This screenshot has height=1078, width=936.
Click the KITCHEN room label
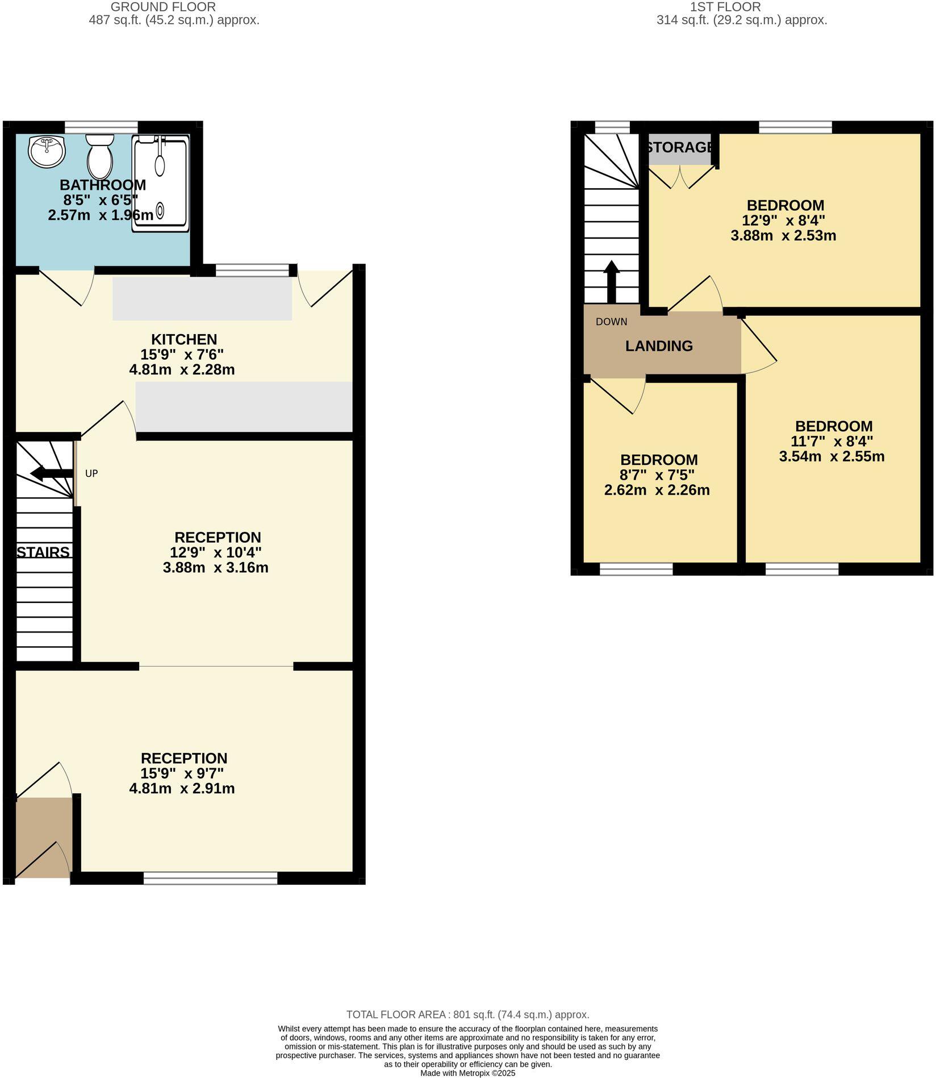(184, 339)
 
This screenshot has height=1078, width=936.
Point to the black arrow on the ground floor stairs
(51, 473)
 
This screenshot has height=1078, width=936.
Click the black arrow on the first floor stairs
(611, 281)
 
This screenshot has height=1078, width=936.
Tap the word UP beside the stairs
(91, 473)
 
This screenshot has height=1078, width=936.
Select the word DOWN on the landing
(611, 322)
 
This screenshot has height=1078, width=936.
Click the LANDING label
(659, 346)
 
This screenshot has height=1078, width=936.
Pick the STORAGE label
(680, 147)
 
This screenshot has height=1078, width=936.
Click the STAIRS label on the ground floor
(43, 552)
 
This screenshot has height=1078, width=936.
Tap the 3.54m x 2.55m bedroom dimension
(831, 456)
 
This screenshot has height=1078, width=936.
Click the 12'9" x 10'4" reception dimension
(215, 552)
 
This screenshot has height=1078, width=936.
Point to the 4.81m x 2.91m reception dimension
(182, 788)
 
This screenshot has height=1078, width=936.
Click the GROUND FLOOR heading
(163, 7)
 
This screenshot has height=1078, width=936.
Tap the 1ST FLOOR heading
(725, 7)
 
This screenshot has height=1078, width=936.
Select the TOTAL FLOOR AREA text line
(468, 1014)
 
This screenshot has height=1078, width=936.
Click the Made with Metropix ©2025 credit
(467, 1073)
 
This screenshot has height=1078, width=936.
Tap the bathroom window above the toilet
(101, 126)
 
